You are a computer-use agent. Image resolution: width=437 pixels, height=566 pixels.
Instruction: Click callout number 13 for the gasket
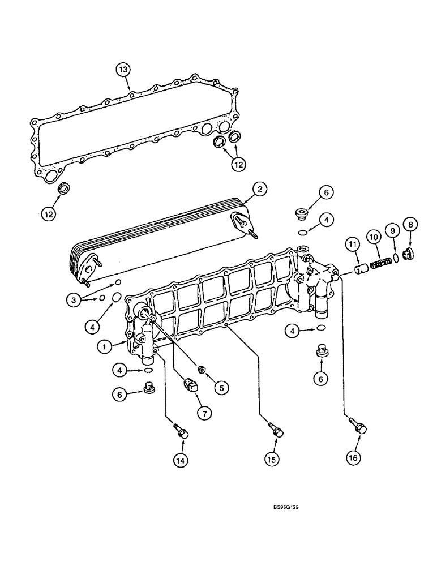(123, 70)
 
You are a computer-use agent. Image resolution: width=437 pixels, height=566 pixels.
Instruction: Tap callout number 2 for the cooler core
(259, 190)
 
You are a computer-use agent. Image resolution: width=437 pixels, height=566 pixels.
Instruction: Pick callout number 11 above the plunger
(353, 245)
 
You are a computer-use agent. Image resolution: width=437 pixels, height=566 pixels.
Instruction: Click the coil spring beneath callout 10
(380, 264)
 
